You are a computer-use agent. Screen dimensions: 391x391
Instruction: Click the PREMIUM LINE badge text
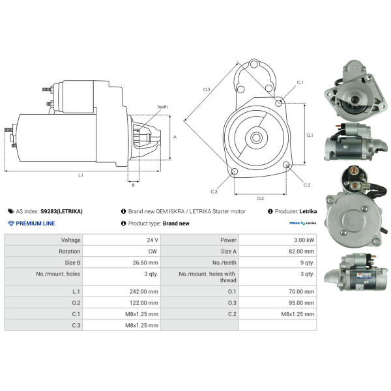pyautogui.click(x=35, y=224)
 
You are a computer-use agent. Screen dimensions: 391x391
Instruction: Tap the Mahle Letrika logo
pyautogui.click(x=303, y=224)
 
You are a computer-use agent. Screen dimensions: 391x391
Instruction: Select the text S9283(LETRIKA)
pyautogui.click(x=61, y=211)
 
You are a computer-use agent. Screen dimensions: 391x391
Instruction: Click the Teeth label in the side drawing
pyautogui.click(x=162, y=107)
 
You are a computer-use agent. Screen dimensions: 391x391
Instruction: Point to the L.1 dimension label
pyautogui.click(x=81, y=175)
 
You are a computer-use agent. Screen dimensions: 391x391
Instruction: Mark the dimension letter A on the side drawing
pyautogui.click(x=175, y=137)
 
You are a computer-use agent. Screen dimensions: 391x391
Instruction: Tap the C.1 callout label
pyautogui.click(x=300, y=83)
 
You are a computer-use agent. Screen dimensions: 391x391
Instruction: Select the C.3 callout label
pyautogui.click(x=214, y=192)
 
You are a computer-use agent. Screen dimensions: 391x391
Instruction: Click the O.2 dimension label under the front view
pyautogui.click(x=260, y=197)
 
